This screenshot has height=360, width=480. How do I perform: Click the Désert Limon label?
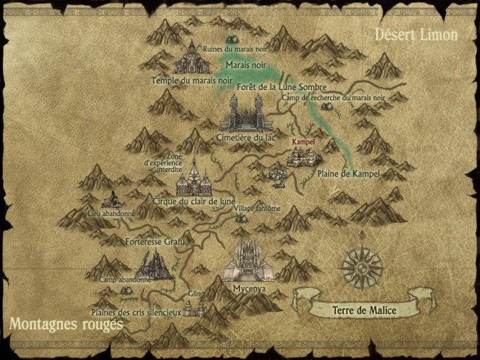416,35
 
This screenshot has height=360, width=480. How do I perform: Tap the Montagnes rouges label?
66,325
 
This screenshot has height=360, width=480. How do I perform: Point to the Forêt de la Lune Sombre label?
272,86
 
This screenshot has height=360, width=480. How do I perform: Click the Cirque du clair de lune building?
193,180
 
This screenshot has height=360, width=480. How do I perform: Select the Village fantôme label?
257,209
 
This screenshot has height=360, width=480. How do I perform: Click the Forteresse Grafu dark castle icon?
154,264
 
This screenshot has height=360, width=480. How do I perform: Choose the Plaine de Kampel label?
348,173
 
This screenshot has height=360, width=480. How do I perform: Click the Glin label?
195,294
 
